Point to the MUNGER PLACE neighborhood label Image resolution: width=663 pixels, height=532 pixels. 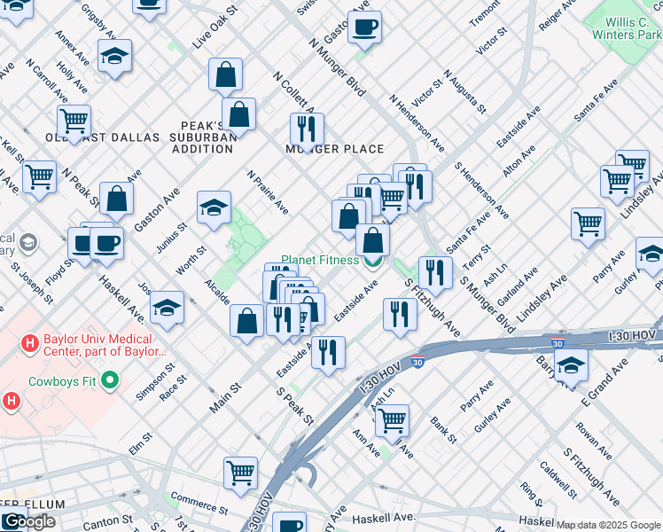coord(334,149)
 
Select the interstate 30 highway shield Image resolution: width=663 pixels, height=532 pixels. coord(417,362)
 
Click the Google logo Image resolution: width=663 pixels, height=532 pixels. coord(28,521)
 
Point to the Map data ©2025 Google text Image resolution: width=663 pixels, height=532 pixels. coord(607,525)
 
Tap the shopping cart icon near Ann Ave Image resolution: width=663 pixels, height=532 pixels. coord(392,420)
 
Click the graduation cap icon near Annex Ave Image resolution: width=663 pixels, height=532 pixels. coord(115,56)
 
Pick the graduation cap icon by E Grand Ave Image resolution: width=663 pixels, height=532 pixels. coord(571,365)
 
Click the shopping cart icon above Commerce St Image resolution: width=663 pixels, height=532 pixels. coord(240,472)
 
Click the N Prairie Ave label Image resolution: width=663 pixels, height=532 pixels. coord(268,192)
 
